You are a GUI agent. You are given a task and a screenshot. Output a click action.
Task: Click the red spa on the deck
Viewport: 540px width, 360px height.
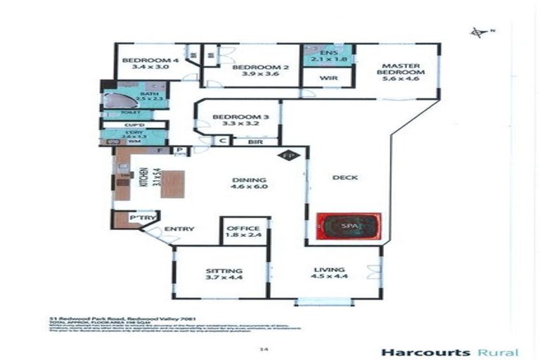(x=348, y=226)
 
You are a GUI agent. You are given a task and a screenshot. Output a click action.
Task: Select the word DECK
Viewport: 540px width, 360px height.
(x=345, y=177)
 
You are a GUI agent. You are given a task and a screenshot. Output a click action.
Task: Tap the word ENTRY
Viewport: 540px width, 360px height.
(x=179, y=229)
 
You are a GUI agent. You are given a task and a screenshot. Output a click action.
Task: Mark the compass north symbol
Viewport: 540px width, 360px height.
(x=479, y=32)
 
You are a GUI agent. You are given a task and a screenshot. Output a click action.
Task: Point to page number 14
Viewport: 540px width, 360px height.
(x=264, y=347)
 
